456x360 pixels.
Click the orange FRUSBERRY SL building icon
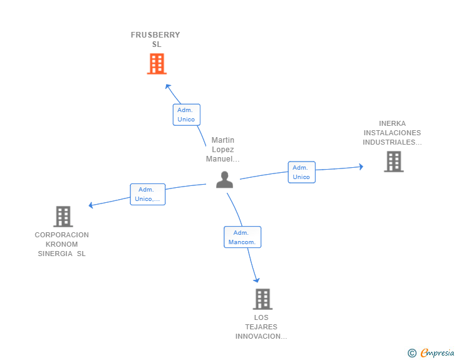157,64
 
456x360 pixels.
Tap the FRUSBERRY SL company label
155,39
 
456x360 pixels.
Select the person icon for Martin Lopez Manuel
224,180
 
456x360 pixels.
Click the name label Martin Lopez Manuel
223,150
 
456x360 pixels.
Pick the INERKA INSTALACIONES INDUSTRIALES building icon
394,162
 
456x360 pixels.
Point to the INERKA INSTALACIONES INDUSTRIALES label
392,133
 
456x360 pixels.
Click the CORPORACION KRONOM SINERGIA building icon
63,217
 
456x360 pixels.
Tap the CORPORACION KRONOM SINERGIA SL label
61,244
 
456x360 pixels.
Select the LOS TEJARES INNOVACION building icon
262,299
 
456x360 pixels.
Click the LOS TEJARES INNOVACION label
261,327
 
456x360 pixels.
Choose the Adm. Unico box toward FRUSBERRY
187,115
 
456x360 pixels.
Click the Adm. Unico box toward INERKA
301,172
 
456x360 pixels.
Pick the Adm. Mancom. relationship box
242,237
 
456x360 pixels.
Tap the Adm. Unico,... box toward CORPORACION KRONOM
148,194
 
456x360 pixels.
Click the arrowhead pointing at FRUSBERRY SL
168,86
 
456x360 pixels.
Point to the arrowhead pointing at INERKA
361,167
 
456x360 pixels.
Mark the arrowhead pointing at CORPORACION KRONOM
91,205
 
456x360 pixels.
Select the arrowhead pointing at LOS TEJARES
257,280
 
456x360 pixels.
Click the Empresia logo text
437,352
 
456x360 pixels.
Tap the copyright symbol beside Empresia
412,353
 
